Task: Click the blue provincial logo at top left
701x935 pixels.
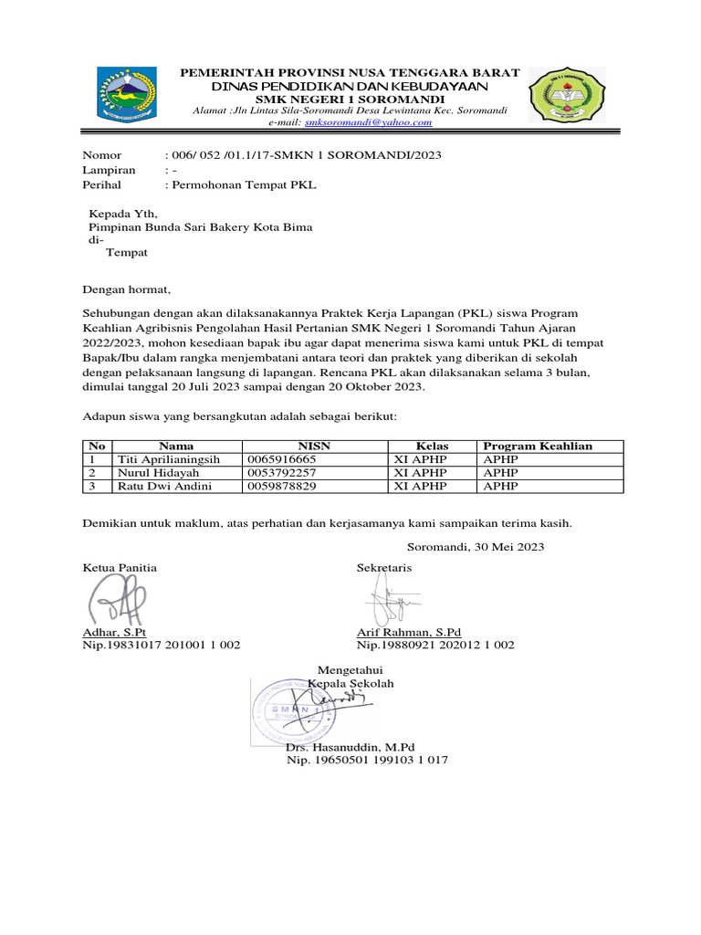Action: [x=129, y=95]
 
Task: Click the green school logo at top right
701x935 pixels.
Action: [x=567, y=97]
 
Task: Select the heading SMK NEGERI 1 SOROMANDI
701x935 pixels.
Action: [x=350, y=99]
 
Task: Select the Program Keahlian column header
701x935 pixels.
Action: [x=538, y=446]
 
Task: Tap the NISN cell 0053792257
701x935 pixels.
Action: [x=282, y=473]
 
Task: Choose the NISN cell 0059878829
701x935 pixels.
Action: [x=282, y=487]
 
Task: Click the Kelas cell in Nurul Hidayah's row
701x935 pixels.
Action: [x=419, y=473]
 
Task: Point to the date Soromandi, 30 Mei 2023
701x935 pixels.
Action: [x=475, y=547]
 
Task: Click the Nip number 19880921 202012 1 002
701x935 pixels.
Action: [x=435, y=645]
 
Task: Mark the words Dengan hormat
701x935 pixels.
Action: [x=127, y=290]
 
